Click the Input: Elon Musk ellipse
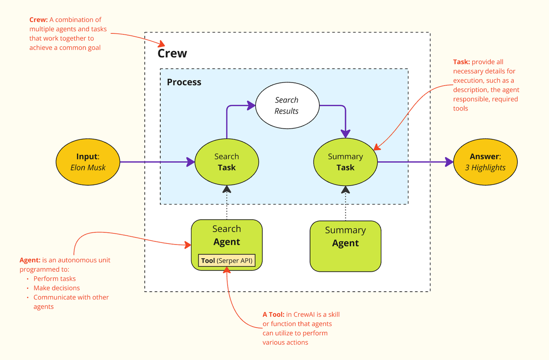tap(88, 162)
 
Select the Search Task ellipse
tap(227, 162)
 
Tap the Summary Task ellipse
tap(345, 162)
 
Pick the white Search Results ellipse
tap(287, 105)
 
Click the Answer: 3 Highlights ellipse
tap(485, 162)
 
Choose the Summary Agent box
tap(345, 246)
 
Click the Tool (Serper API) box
tap(227, 260)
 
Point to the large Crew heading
tap(172, 53)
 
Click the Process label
tap(184, 82)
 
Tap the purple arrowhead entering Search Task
tap(191, 162)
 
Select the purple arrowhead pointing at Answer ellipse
tap(449, 162)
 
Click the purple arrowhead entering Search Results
tap(251, 105)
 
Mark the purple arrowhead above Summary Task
tap(345, 134)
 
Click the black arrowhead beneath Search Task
tap(227, 189)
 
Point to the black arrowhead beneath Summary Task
tap(345, 189)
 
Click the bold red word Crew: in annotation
tap(38, 20)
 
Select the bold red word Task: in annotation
tap(462, 62)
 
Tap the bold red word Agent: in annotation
tap(30, 260)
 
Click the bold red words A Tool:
tap(274, 315)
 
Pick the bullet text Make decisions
tap(56, 288)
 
